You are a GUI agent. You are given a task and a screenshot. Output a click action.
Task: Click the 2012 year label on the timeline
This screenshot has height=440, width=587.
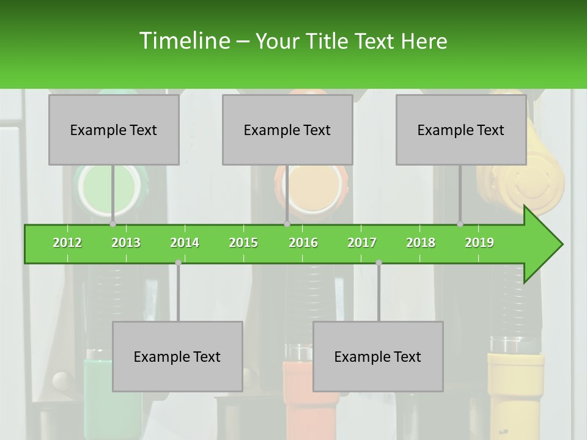click(x=67, y=243)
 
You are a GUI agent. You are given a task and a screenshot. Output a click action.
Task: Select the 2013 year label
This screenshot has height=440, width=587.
click(x=126, y=243)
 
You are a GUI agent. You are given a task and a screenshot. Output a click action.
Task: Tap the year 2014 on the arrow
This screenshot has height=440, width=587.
click(x=185, y=243)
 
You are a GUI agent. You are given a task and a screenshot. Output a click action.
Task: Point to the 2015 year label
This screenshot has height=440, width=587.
click(x=243, y=243)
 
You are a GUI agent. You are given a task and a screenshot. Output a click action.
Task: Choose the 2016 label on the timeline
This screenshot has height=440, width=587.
click(x=303, y=243)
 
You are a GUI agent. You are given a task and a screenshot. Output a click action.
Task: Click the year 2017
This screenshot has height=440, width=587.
click(x=362, y=243)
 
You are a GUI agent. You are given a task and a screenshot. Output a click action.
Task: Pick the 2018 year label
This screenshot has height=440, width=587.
click(x=421, y=243)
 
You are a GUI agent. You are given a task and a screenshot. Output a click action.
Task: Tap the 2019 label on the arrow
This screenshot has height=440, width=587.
click(x=479, y=243)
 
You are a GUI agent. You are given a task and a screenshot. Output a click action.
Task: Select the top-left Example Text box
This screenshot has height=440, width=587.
click(x=114, y=130)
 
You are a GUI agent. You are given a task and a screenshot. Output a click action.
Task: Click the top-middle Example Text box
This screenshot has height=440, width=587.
click(x=287, y=130)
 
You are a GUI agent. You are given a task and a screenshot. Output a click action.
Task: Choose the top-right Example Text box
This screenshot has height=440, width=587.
click(x=461, y=130)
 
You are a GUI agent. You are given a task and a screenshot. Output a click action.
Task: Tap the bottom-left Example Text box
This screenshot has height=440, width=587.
click(x=177, y=356)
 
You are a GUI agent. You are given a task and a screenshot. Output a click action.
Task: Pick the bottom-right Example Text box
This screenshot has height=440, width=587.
click(x=378, y=356)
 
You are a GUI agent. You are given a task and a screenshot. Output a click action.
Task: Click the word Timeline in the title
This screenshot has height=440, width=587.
click(x=183, y=41)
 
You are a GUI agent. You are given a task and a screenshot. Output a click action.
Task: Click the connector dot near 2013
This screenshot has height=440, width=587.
click(x=113, y=224)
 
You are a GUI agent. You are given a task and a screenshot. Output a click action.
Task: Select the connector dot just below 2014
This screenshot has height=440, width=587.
click(x=178, y=262)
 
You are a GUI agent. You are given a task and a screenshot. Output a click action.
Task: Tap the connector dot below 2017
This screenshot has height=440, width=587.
click(x=378, y=262)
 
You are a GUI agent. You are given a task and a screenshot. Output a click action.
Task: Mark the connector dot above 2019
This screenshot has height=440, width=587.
click(x=460, y=224)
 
